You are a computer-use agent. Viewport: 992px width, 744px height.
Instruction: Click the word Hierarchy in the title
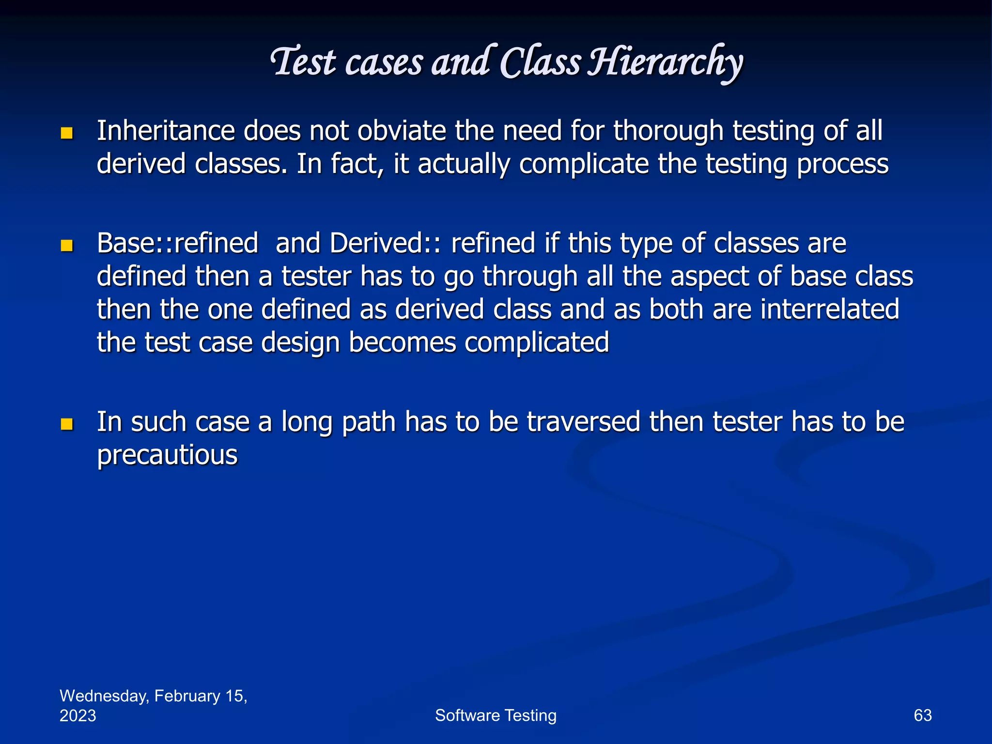tap(665, 63)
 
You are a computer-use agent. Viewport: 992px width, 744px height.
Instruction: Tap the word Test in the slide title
tap(303, 63)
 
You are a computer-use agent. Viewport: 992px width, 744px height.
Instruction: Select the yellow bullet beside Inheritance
tap(67, 133)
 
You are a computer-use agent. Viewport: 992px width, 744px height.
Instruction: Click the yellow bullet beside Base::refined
tap(67, 246)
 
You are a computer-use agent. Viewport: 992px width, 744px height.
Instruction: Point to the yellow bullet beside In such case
tap(67, 424)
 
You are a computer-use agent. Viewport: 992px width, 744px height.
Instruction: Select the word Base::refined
tap(177, 243)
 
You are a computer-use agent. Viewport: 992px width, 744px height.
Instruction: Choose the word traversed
tap(584, 421)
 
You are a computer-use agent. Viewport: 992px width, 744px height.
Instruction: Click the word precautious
tap(167, 455)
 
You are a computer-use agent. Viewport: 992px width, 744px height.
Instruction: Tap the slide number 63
tap(922, 715)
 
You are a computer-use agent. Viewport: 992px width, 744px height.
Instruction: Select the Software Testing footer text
tap(496, 715)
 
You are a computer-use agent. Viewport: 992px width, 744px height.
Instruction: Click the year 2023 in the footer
tap(77, 716)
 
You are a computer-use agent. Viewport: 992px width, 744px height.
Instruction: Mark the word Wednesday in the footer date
tap(104, 696)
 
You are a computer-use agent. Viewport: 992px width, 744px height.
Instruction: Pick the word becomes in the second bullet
tap(402, 342)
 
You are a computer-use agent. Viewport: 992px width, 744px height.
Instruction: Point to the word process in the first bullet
tap(842, 164)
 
